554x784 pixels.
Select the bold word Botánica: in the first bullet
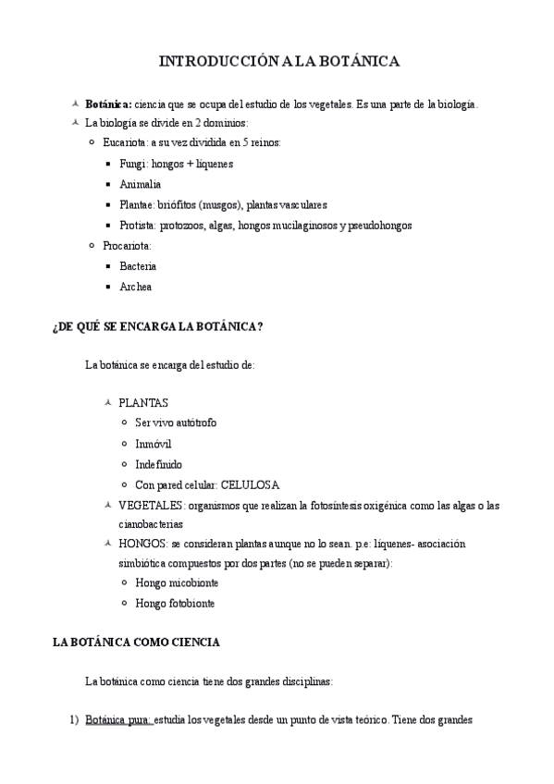point(108,105)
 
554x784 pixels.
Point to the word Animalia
point(140,184)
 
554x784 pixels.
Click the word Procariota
point(128,246)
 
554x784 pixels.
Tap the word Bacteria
point(138,266)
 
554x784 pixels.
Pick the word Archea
point(135,287)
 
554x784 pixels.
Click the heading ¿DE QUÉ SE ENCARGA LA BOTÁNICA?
point(157,326)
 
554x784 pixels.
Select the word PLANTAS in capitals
point(143,402)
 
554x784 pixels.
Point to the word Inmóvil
point(154,443)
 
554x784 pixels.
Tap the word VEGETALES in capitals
point(151,506)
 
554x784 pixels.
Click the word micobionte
point(191,583)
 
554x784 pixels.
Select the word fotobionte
point(190,604)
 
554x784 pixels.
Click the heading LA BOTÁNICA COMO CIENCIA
point(137,643)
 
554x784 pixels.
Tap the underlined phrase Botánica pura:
point(118,719)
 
